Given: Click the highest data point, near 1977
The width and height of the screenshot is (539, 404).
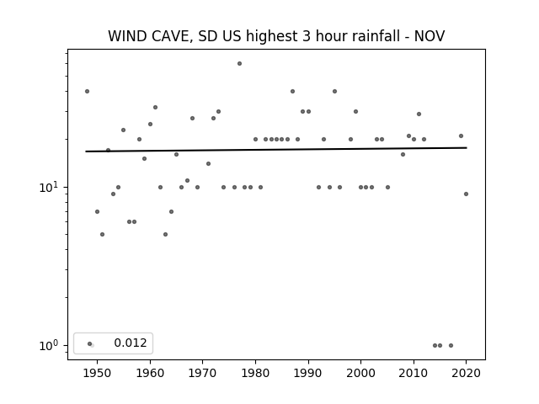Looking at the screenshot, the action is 239,64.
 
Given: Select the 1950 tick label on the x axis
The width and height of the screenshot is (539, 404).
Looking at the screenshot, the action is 98,374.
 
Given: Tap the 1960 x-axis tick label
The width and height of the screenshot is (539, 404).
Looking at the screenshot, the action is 150,374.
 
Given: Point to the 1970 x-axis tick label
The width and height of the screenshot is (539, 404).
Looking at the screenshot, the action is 203,374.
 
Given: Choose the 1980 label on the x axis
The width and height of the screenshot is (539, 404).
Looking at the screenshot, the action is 255,374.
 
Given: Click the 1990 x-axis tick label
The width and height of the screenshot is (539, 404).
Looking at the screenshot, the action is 308,374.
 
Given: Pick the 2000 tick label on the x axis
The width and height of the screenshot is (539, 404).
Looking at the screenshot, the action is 361,374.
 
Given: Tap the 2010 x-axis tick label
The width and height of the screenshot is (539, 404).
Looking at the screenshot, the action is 414,374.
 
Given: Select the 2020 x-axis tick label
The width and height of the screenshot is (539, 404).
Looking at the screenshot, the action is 466,374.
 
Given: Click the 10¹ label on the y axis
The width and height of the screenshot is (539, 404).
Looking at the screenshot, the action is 49,187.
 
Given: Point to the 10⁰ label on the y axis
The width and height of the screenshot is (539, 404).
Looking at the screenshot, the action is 49,345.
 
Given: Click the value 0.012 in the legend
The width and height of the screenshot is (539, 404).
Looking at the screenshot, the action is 131,343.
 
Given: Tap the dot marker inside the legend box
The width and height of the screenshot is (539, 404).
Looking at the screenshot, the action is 90,343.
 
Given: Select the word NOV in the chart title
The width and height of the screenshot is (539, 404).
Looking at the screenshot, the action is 430,36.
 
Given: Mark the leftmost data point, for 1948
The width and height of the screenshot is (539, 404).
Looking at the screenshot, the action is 88,92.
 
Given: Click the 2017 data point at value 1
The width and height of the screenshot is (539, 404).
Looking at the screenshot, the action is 451,346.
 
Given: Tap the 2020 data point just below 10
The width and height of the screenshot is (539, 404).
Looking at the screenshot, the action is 466,194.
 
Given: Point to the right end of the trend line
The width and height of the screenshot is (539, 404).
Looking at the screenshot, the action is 467,148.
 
